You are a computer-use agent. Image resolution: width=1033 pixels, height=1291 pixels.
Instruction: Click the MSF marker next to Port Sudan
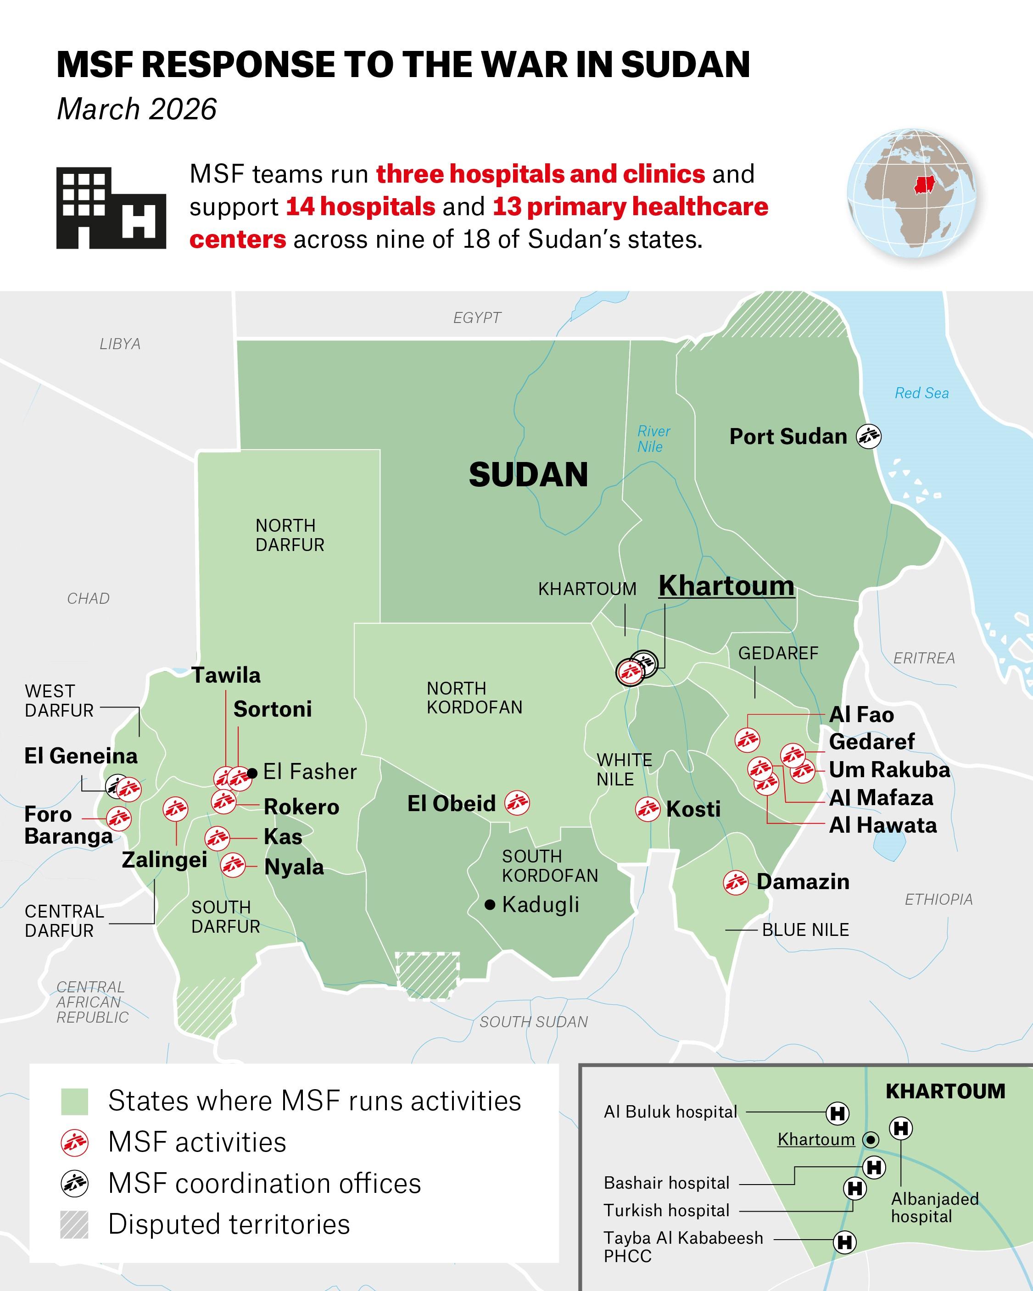point(868,436)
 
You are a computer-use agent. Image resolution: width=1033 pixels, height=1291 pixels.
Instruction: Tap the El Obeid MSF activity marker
point(517,803)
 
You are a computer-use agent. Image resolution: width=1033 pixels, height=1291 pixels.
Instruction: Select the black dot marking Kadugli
point(490,904)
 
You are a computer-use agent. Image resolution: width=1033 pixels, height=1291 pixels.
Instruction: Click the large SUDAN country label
point(528,475)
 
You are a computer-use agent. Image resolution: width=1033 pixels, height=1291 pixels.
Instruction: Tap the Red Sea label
point(921,394)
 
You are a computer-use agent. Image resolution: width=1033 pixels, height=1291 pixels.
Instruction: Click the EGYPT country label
point(477,318)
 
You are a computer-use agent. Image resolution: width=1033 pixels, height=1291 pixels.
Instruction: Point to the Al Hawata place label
point(882,826)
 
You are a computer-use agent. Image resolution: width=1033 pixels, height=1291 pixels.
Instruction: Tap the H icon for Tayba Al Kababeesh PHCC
point(844,1242)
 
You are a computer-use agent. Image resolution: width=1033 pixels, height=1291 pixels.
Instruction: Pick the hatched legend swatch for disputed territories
point(75,1224)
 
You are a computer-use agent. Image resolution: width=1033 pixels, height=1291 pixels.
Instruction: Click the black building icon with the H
point(111,208)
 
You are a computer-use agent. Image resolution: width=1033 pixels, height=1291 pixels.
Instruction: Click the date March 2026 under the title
point(137,110)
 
